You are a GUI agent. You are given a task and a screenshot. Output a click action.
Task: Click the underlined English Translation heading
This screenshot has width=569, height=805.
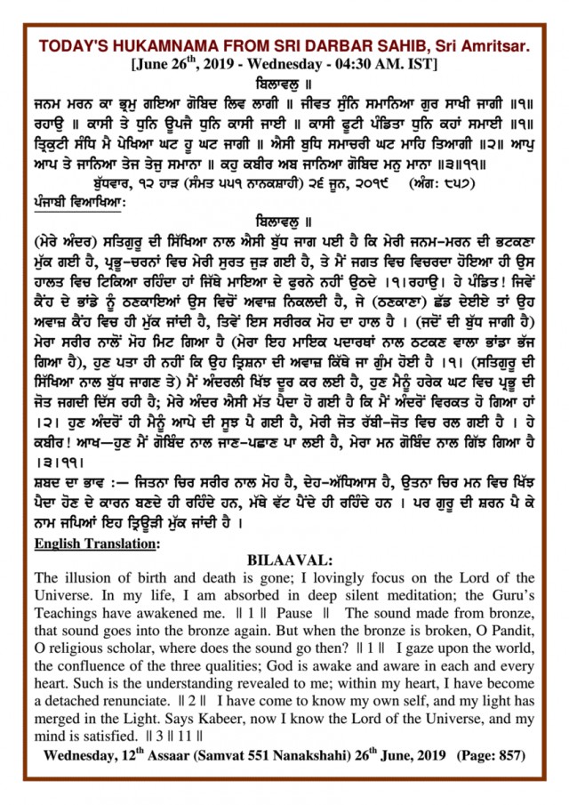point(96,542)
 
